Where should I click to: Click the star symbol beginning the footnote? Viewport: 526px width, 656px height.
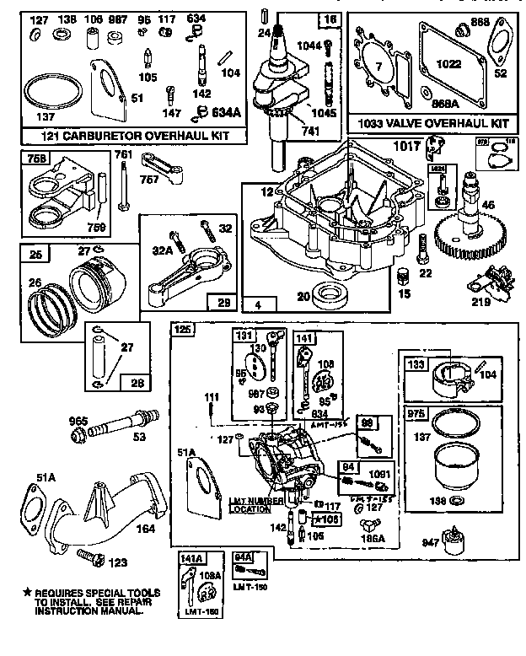click(x=26, y=594)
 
